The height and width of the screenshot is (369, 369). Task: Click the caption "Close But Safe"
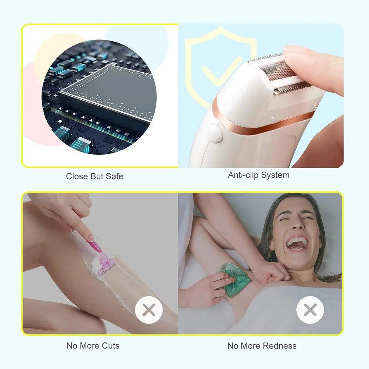click(94, 176)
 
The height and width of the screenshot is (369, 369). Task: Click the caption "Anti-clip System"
click(258, 175)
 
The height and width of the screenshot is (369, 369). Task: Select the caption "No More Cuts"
click(93, 346)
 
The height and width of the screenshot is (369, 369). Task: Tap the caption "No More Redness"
click(262, 346)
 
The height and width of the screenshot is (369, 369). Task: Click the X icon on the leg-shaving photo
click(149, 310)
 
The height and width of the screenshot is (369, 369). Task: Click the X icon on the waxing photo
click(310, 310)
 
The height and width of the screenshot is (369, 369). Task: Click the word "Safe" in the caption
click(114, 176)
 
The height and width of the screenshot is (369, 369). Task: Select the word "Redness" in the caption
click(279, 346)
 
